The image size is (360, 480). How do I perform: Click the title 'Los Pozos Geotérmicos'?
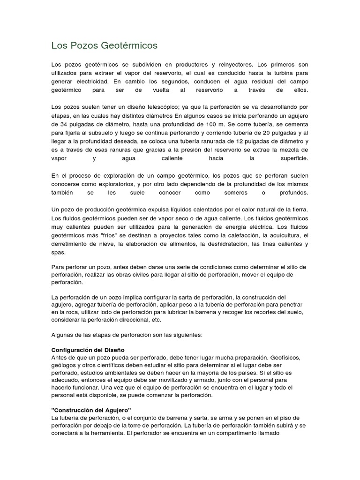click(x=104, y=46)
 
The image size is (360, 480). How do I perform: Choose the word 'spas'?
click(x=58, y=253)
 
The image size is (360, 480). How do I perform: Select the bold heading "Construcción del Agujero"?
click(x=91, y=410)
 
